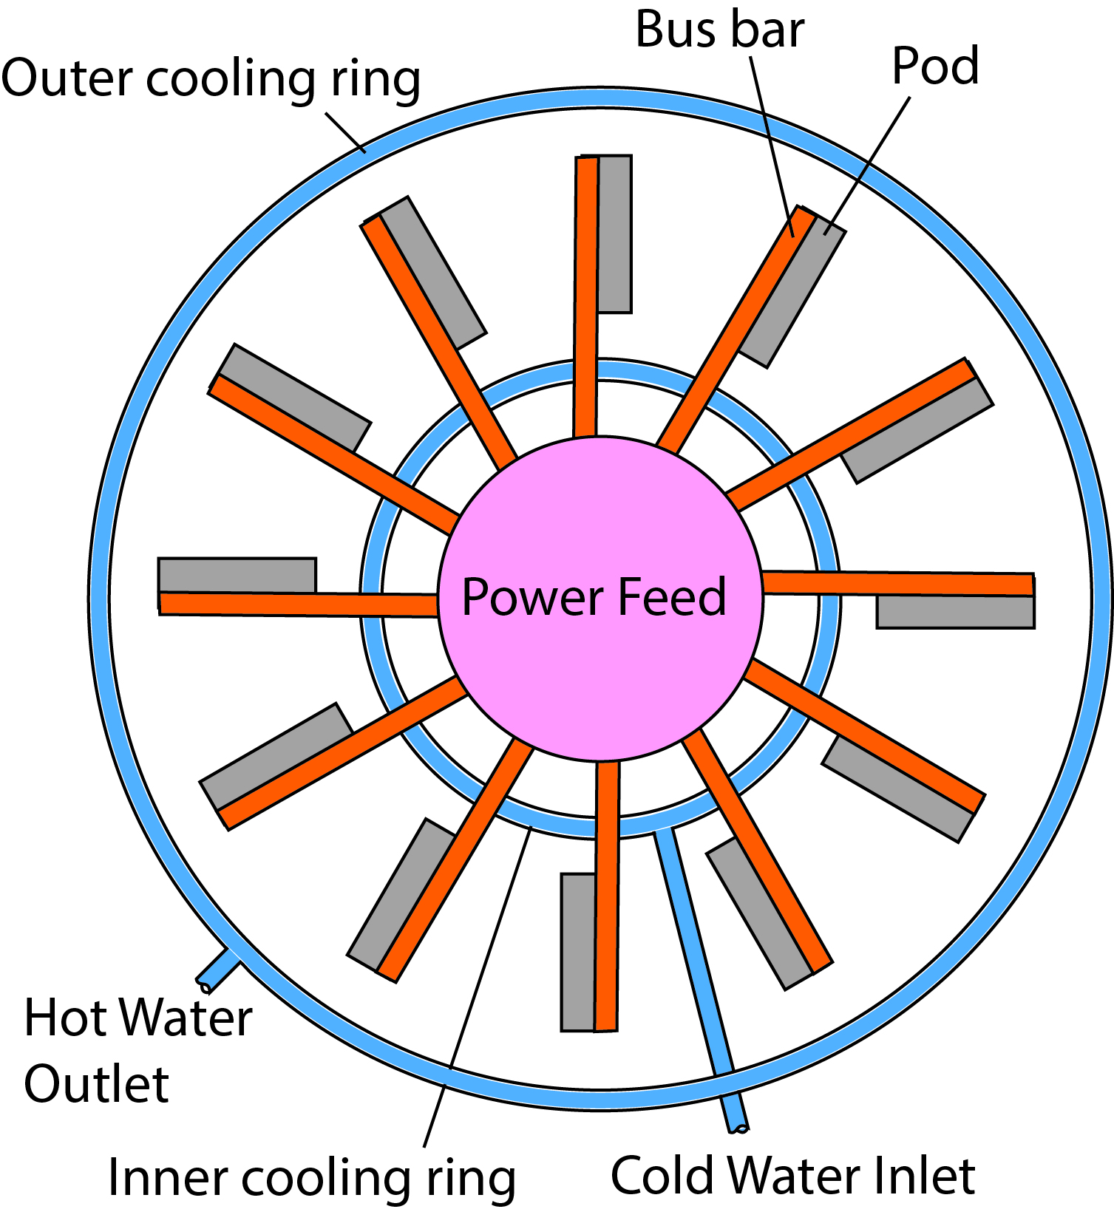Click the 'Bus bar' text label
click(x=719, y=31)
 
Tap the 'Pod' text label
click(x=935, y=67)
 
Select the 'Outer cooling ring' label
click(x=211, y=79)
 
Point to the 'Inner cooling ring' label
click(x=311, y=1177)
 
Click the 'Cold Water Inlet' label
click(x=792, y=1175)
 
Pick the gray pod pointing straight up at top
click(x=615, y=234)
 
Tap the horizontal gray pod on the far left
click(x=237, y=575)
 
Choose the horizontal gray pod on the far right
click(x=955, y=612)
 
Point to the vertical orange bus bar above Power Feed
click(x=585, y=296)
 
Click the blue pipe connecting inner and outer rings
click(x=693, y=953)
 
